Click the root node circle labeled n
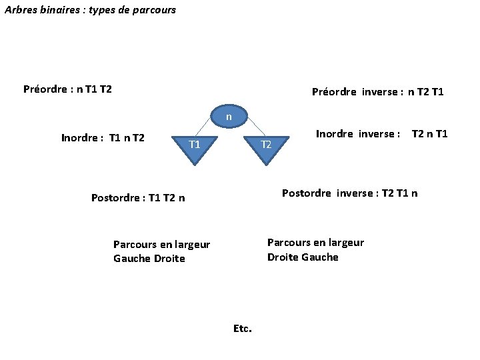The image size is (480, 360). [229, 116]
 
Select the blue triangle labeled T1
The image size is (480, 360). [194, 147]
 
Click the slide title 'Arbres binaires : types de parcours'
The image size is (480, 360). [90, 10]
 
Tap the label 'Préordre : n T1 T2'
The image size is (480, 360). [67, 89]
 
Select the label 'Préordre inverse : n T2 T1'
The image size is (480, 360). [377, 92]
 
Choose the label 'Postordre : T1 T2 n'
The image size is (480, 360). [138, 197]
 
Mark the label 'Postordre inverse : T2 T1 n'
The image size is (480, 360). [350, 193]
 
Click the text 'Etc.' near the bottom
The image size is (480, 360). [242, 328]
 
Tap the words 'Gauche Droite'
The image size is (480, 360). [149, 259]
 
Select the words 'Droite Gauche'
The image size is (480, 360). [303, 257]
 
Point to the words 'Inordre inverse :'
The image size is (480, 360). [358, 134]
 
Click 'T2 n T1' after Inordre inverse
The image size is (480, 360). [430, 134]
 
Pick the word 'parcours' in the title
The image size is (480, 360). [155, 10]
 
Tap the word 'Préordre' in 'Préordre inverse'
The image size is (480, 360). [334, 92]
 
